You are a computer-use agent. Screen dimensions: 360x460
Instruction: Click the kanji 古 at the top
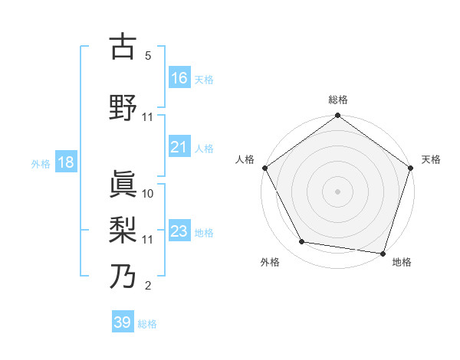123,47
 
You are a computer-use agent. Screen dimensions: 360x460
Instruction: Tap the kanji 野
123,108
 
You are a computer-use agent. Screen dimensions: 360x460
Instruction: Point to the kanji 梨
123,229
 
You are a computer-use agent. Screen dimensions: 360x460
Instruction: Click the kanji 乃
123,276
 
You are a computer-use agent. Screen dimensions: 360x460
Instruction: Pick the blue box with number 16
179,78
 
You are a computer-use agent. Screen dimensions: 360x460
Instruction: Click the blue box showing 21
179,147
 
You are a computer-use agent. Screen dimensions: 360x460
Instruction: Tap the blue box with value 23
179,231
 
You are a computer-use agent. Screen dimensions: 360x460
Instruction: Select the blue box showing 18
65,162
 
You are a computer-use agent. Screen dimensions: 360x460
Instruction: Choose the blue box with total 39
123,322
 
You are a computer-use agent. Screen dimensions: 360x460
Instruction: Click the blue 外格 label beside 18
41,163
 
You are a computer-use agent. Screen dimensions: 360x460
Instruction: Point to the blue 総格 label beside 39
147,324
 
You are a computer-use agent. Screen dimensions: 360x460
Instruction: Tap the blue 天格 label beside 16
204,79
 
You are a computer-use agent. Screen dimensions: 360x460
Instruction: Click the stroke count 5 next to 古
147,56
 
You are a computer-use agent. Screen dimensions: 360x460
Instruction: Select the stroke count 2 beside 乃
147,286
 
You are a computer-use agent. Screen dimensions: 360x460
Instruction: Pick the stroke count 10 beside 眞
148,194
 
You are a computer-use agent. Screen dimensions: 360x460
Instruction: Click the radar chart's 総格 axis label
338,100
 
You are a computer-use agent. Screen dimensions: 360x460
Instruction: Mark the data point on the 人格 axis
265,168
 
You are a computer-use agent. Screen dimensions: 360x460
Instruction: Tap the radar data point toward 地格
383,253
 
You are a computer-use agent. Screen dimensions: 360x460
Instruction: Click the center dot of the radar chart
338,191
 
